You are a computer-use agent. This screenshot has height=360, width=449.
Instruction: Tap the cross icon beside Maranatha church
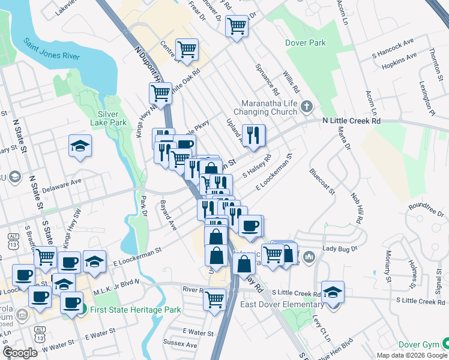pos(307,107)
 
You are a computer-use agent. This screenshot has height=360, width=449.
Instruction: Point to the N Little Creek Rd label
pos(351,121)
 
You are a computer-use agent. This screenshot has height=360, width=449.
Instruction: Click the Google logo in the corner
pos(20,352)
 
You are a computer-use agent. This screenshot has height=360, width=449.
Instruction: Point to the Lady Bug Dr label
pos(340,248)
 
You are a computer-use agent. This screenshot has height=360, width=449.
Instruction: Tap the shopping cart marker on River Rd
pos(214,298)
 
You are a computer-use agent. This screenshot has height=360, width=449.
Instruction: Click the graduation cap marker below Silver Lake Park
pos(80,146)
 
